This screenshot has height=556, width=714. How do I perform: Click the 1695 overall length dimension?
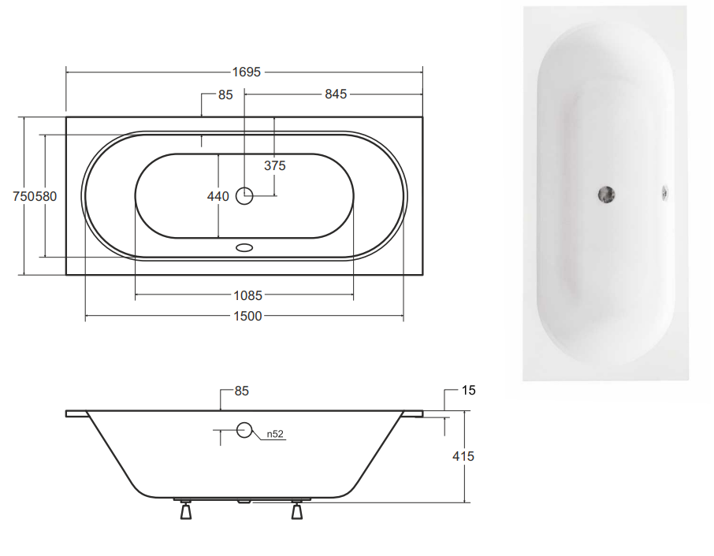(x=247, y=72)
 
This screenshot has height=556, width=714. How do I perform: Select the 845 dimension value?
(x=336, y=95)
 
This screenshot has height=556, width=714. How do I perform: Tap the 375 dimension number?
(x=275, y=165)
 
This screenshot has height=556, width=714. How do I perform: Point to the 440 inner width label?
(x=218, y=197)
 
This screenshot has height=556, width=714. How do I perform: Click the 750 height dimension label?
(x=24, y=197)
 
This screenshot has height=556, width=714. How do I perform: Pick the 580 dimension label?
(x=46, y=197)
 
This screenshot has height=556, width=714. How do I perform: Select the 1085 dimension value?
(x=247, y=296)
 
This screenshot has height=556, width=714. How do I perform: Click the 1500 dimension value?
(x=247, y=317)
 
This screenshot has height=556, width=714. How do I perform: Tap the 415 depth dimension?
(x=463, y=456)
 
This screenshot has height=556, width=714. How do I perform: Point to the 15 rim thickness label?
(x=469, y=391)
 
